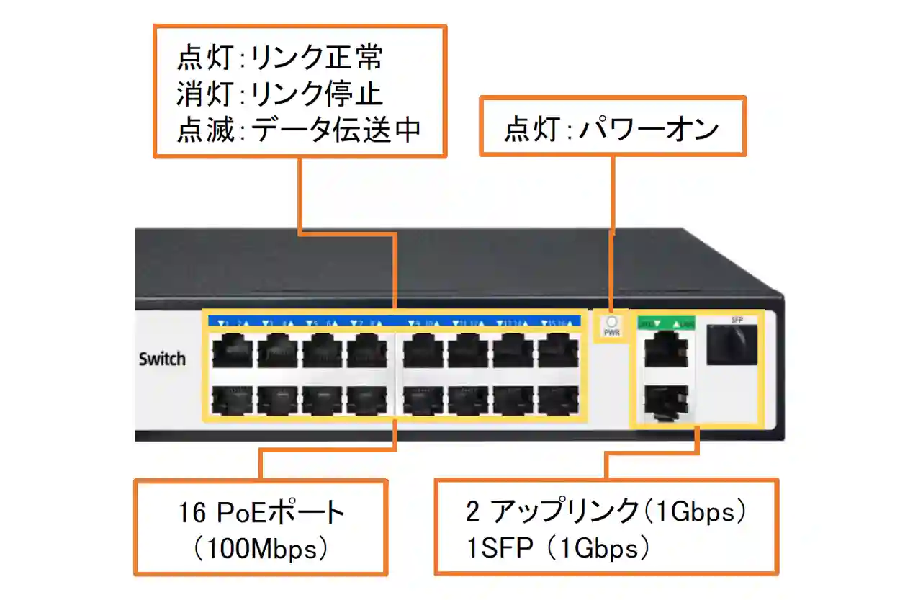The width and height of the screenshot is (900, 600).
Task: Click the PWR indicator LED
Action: tap(611, 322)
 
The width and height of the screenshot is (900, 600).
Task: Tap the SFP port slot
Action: tap(732, 345)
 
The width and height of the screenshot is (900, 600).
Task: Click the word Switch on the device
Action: tap(162, 359)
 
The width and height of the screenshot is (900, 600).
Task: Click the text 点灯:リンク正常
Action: tap(280, 58)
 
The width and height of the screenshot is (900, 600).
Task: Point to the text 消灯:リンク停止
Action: tap(280, 94)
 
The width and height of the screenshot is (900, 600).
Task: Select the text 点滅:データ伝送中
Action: tap(298, 130)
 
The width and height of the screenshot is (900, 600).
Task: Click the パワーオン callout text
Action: tap(612, 130)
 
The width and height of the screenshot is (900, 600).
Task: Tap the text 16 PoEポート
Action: tap(261, 514)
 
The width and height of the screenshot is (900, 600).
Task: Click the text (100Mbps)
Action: tap(261, 550)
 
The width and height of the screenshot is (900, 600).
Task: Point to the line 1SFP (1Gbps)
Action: tap(558, 549)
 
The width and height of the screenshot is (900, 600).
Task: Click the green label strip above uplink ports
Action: tap(666, 323)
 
